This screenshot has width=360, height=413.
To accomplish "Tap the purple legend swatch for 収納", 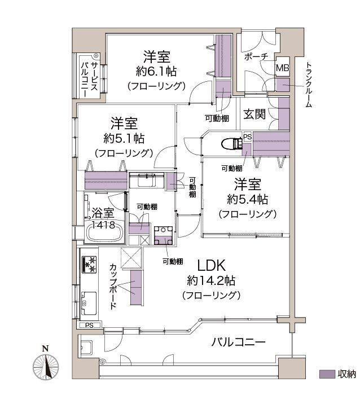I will click(x=327, y=374).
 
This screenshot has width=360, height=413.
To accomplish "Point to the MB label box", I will click(x=282, y=68).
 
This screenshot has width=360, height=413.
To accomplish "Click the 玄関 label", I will click(x=254, y=114).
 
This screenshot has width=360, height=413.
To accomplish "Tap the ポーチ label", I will click(x=256, y=58).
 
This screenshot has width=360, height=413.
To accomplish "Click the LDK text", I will click(x=212, y=265).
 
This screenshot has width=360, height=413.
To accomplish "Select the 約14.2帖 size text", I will click(x=211, y=280).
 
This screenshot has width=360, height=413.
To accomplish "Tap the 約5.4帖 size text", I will click(x=247, y=199).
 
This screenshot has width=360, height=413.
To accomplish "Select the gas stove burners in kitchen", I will click(x=89, y=263).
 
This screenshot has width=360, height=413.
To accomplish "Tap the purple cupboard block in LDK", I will click(x=136, y=287).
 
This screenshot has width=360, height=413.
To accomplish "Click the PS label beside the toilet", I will click(x=247, y=137).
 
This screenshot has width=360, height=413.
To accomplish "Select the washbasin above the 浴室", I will click(x=146, y=182).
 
